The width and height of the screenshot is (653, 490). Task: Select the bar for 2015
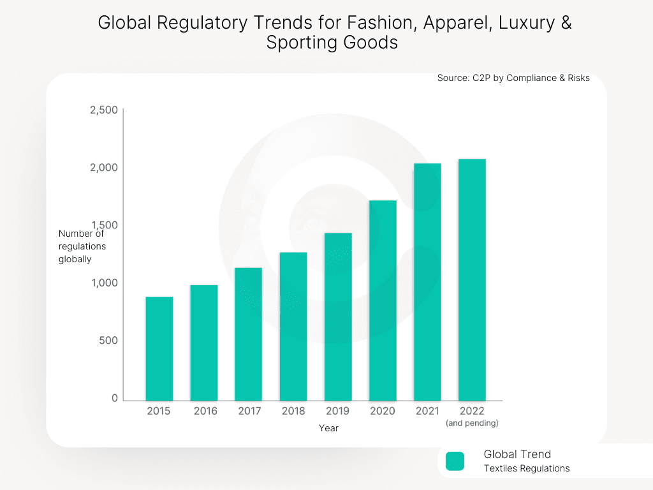tap(159, 348)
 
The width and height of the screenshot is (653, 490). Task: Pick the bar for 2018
tap(293, 326)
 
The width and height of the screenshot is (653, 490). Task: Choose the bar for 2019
tap(338, 316)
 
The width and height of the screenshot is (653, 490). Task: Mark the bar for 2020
tap(383, 301)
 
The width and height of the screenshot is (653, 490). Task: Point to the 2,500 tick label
tap(104, 110)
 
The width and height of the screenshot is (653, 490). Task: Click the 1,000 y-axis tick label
tap(104, 283)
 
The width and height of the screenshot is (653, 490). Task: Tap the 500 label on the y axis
tap(108, 341)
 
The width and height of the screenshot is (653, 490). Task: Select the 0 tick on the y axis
tap(115, 398)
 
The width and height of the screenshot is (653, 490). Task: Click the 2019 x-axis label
tap(337, 411)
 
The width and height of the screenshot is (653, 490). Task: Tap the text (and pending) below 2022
tap(472, 423)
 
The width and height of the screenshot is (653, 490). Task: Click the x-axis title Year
tap(328, 428)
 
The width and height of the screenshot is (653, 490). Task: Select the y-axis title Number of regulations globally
tap(82, 246)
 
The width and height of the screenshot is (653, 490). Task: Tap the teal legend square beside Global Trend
tap(455, 461)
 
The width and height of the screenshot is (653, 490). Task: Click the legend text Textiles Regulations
tap(526, 468)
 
